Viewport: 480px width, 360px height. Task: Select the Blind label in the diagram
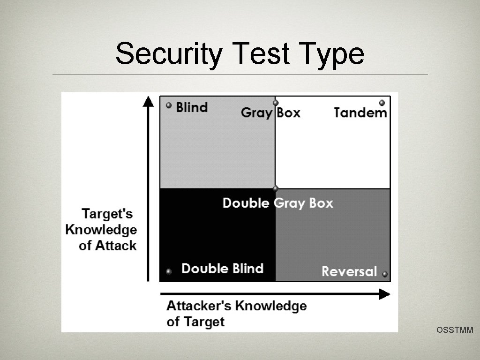192,107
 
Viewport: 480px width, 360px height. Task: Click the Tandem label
360,112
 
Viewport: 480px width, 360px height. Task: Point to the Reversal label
349,271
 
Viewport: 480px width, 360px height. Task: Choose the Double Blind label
222,269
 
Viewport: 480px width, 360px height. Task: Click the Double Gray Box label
277,203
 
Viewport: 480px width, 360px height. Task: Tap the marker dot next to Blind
169,105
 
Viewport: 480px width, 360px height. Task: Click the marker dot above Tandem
382,103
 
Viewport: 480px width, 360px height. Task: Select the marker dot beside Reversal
385,274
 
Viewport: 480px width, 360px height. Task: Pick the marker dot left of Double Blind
169,271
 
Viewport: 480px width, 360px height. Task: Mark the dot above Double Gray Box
275,188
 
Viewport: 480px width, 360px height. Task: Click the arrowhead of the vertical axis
148,101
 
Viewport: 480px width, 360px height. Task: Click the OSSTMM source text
455,330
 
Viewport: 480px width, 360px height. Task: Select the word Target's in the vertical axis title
107,214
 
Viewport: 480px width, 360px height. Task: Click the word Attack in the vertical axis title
116,245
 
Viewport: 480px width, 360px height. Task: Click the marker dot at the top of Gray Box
275,103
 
